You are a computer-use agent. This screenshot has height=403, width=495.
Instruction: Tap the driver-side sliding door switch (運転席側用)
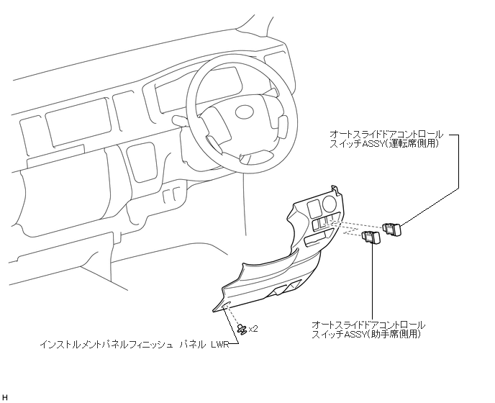(x=394, y=230)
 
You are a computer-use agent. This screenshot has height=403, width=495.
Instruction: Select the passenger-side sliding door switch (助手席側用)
(x=373, y=238)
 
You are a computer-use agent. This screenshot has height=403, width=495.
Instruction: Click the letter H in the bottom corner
(x=6, y=397)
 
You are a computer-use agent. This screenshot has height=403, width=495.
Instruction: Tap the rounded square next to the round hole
(x=314, y=209)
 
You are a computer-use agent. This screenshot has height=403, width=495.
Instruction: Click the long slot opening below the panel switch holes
(x=316, y=237)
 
